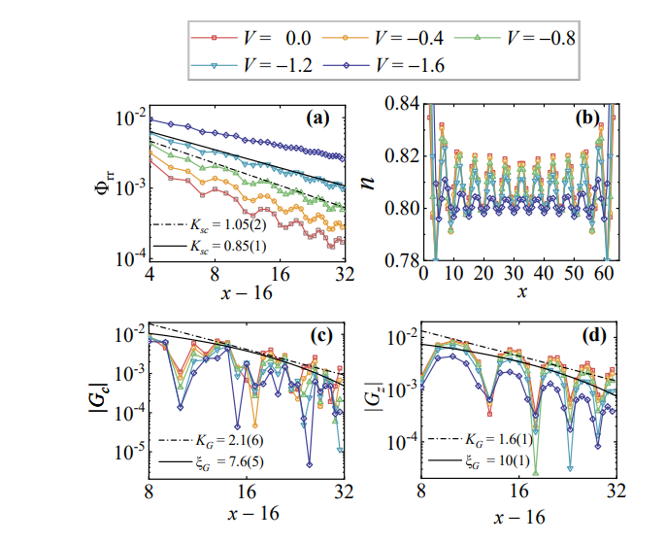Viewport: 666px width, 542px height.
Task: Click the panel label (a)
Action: (x=318, y=119)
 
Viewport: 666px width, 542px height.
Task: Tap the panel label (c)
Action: (x=318, y=335)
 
